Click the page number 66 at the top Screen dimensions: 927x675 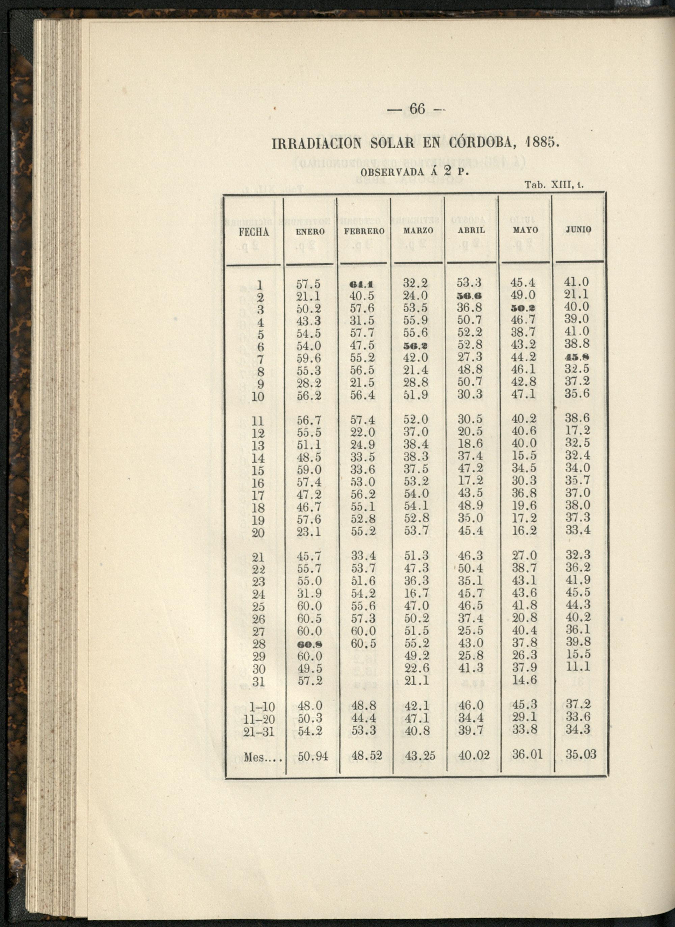tap(417, 109)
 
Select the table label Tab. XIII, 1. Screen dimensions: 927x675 tap(554, 185)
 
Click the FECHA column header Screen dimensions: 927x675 tap(254, 233)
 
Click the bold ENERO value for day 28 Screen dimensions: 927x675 tap(309, 644)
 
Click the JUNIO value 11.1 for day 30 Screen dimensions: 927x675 tap(578, 667)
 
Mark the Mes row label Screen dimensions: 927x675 tap(263, 758)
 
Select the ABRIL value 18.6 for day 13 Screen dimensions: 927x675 tap(470, 444)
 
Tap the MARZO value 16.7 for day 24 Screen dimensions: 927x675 tap(417, 593)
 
